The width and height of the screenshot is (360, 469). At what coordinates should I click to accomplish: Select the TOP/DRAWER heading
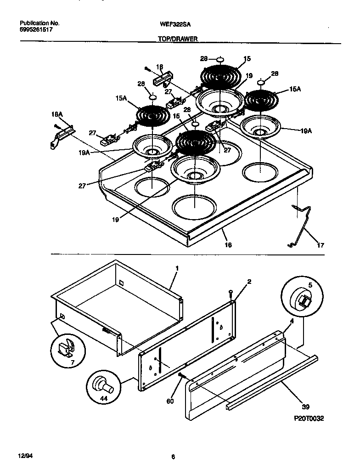[x=178, y=40]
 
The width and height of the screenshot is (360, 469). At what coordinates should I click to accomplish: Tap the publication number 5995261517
[x=37, y=29]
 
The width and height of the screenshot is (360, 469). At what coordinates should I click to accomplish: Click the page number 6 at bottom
[x=173, y=457]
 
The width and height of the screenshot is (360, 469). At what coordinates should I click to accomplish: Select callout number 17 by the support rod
[x=320, y=245]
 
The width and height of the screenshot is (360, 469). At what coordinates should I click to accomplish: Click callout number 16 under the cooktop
[x=228, y=245]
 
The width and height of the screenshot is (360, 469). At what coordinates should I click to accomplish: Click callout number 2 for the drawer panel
[x=248, y=281]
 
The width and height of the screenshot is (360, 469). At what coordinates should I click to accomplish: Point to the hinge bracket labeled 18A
[x=61, y=136]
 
